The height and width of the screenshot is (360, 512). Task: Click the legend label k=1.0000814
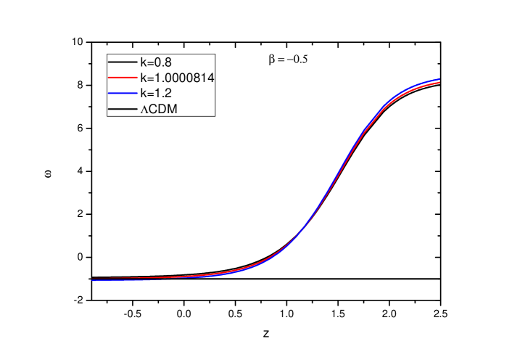pos(176,78)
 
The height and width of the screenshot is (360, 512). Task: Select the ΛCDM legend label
pos(159,109)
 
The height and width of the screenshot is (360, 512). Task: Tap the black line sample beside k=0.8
pos(123,62)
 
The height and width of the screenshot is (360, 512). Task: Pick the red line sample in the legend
pos(123,78)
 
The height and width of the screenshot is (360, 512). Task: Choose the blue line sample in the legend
pos(123,94)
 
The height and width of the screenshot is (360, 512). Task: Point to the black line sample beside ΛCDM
pos(123,109)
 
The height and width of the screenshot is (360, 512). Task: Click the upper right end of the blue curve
pos(439,79)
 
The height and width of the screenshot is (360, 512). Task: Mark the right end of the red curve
pos(439,83)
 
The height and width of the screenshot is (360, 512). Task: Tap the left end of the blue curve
pos(93,280)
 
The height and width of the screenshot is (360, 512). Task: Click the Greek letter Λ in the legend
pos(144,110)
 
